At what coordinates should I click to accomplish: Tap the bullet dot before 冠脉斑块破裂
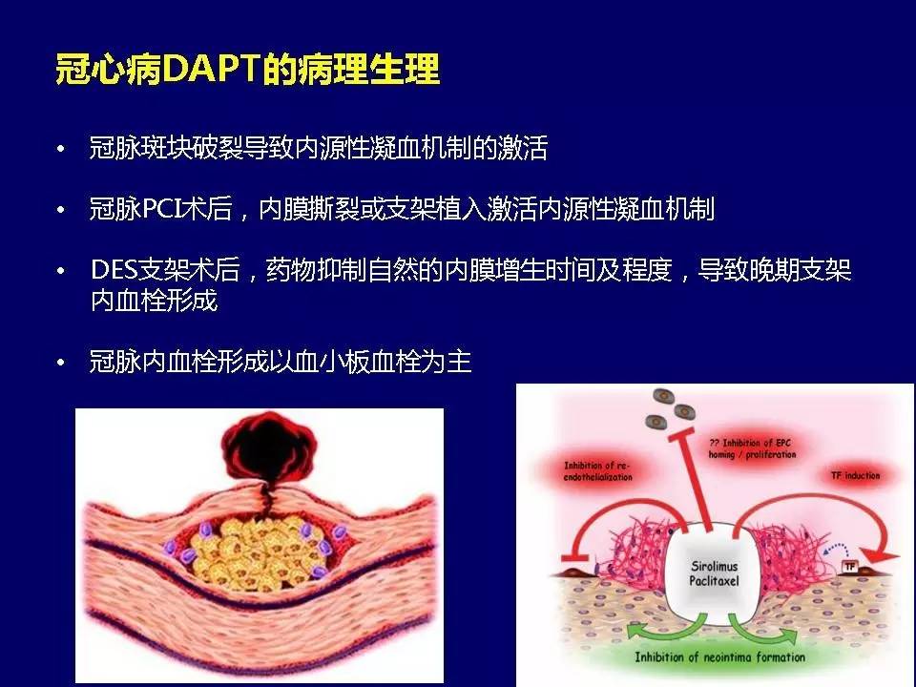[x=61, y=151]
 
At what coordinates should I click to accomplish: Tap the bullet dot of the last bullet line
[x=61, y=364]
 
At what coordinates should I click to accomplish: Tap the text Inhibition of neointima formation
[x=720, y=656]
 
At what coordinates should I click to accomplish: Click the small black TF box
[x=849, y=567]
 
